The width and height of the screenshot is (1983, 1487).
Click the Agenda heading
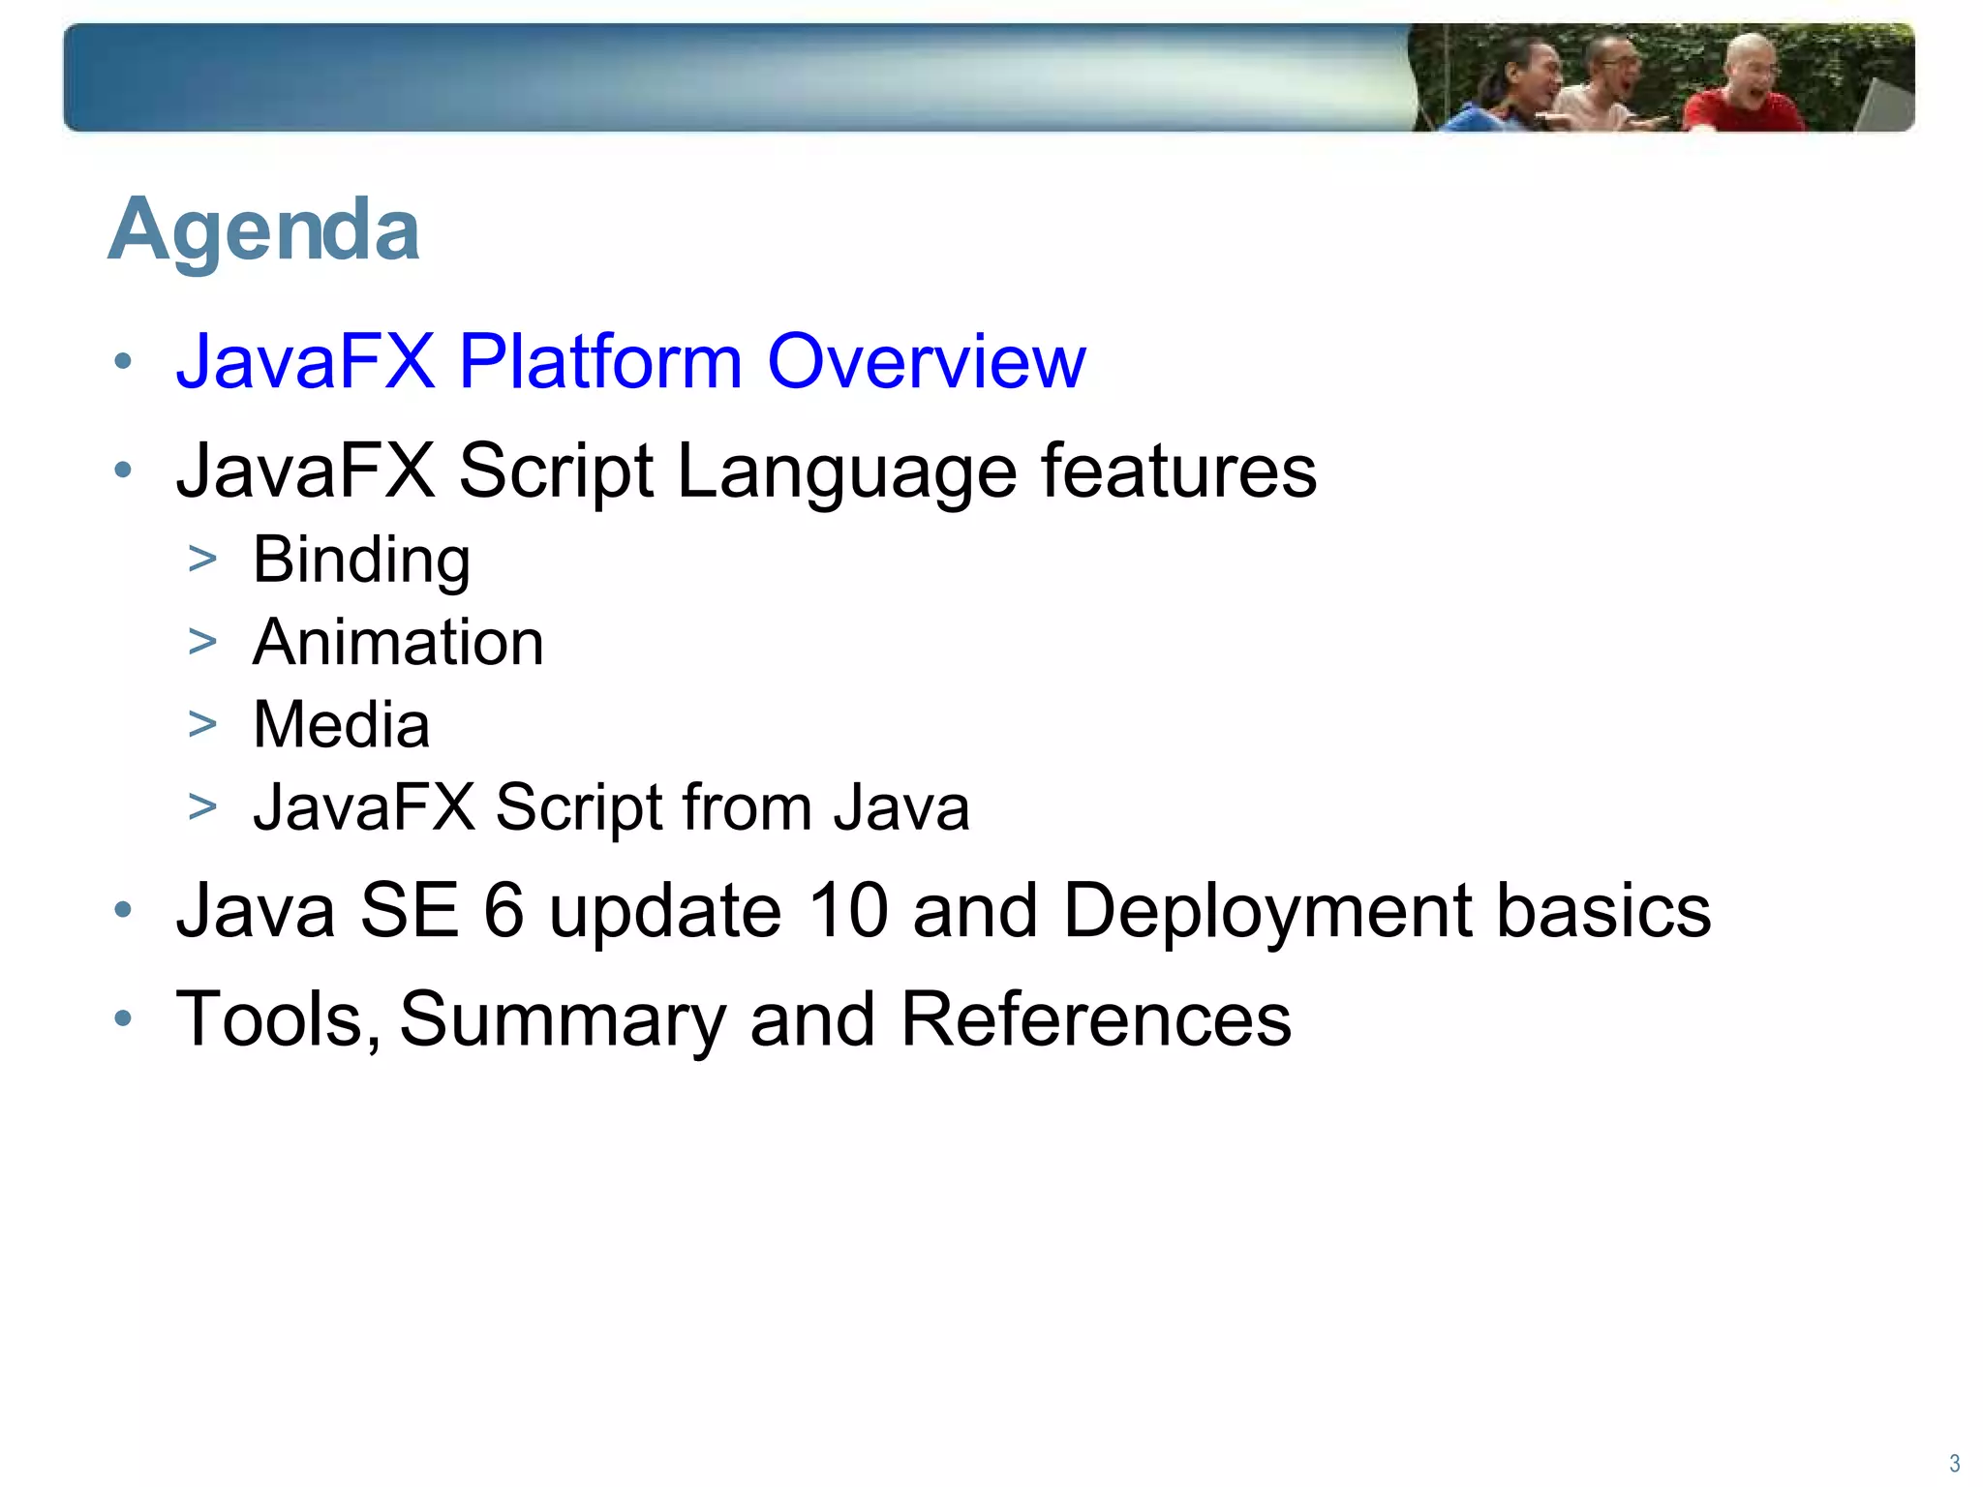[x=263, y=230]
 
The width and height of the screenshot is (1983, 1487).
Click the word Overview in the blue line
[x=926, y=361]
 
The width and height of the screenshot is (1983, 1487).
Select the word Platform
[x=599, y=361]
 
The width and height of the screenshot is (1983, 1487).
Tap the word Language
[x=845, y=471]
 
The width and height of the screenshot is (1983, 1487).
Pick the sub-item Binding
[x=361, y=561]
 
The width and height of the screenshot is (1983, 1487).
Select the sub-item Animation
[x=398, y=643]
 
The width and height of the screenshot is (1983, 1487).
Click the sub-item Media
[x=341, y=725]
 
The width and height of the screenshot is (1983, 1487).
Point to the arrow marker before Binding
[x=202, y=559]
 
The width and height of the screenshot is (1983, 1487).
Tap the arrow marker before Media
[x=202, y=724]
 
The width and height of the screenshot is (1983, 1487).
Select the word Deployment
[x=1267, y=911]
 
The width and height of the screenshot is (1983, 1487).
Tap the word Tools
[x=276, y=1019]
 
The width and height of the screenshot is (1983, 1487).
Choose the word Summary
[x=563, y=1019]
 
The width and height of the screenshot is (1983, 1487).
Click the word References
[x=1095, y=1019]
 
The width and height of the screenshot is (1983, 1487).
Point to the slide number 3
[x=1954, y=1463]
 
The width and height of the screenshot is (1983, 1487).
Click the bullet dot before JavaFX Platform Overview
[x=122, y=362]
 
